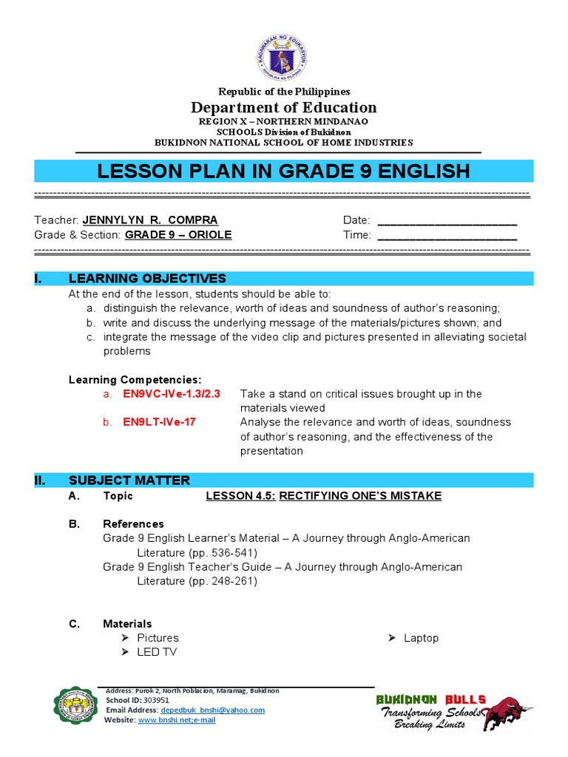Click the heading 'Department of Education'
283,107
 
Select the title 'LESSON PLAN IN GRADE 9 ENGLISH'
283,172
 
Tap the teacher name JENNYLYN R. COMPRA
150,220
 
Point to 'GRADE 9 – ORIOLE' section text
178,234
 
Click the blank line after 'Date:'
447,220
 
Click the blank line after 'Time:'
447,235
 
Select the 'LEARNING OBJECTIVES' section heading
147,278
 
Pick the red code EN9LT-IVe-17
160,422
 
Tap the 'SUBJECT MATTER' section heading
129,481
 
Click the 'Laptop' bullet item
421,638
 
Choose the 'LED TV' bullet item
157,652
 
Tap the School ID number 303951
156,700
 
